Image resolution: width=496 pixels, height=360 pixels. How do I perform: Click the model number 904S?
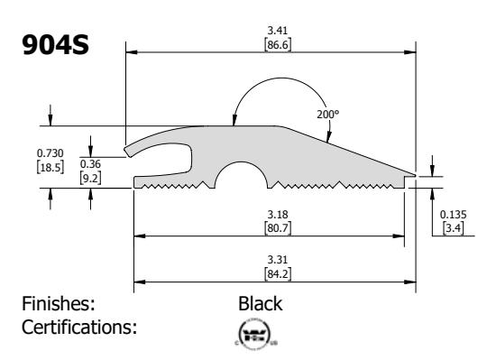[x=55, y=44]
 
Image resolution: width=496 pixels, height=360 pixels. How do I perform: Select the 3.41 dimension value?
[x=278, y=31]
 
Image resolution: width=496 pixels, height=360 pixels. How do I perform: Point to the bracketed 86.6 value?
[x=278, y=44]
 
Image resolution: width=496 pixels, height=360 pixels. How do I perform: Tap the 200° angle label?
[x=328, y=115]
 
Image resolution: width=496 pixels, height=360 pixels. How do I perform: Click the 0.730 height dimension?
[x=50, y=153]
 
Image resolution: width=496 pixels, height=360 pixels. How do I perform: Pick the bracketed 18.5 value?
[x=51, y=167]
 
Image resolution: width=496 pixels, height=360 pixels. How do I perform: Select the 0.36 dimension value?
[x=90, y=164]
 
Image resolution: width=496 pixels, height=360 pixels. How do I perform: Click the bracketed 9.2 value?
[x=90, y=178]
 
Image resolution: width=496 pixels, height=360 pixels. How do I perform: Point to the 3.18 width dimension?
[x=278, y=215]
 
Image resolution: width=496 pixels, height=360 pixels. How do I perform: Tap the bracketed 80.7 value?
[x=278, y=228]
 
